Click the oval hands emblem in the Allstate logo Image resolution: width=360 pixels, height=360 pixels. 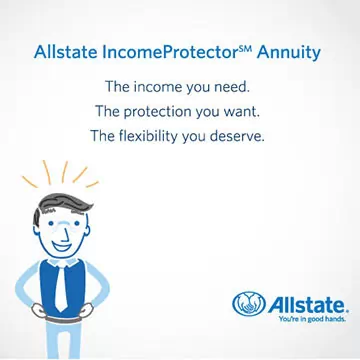249,304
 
